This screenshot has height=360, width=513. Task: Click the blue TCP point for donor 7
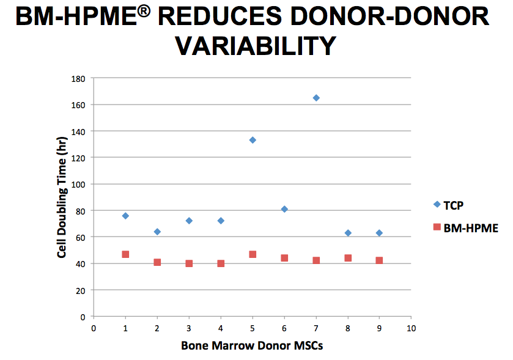316,98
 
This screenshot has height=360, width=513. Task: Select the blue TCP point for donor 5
253,140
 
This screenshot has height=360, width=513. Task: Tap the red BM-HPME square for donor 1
125,254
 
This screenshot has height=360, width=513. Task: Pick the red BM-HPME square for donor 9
379,260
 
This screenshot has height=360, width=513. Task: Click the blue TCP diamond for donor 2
157,232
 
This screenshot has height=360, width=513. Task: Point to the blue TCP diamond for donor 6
284,209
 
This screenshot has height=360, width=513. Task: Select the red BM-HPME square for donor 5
253,254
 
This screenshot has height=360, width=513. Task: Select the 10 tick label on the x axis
411,328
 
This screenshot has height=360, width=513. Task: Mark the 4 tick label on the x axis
221,328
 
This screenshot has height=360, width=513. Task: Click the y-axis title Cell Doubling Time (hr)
62,197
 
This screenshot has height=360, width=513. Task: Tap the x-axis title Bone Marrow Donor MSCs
252,345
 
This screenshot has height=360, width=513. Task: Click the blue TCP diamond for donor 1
125,216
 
